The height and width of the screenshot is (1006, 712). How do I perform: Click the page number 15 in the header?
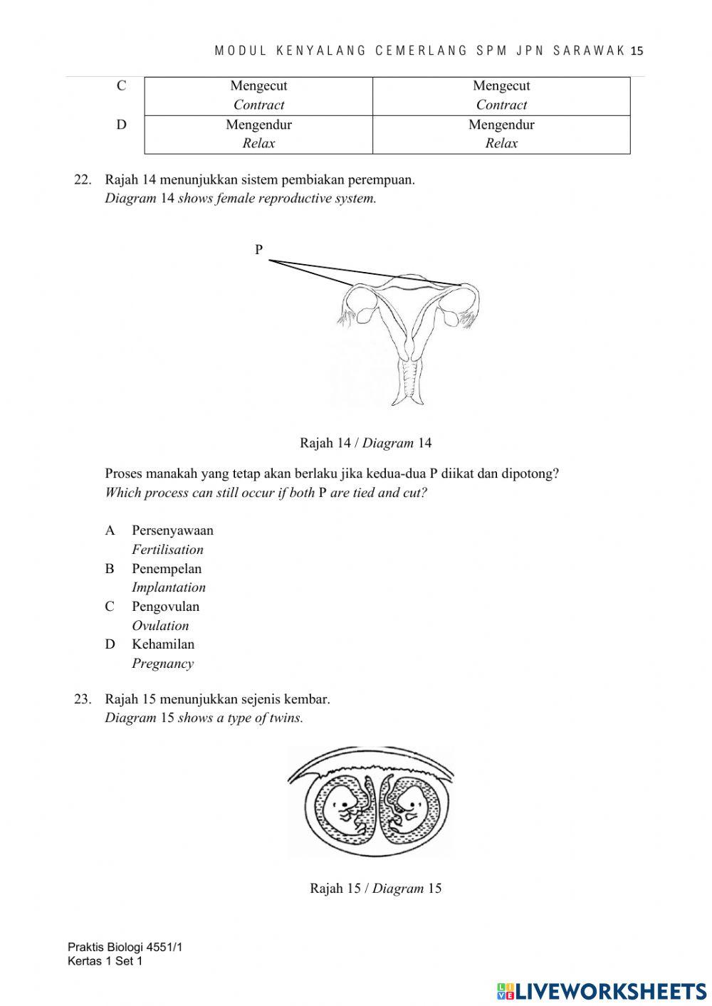point(637,51)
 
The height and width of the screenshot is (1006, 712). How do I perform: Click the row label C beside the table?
point(122,86)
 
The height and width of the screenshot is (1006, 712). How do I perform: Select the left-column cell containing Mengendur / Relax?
point(258,134)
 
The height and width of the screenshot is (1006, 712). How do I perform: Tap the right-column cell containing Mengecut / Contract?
point(501,95)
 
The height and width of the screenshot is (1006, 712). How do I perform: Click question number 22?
point(83,179)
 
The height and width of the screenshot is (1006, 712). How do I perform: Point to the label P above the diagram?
point(259,249)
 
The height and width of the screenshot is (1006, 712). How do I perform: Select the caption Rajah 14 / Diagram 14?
point(365,443)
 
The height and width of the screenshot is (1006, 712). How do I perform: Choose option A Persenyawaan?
point(172,530)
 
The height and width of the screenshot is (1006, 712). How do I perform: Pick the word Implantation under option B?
point(169,587)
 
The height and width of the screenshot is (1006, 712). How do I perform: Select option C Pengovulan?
point(164,607)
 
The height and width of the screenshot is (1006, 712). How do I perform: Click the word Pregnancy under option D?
point(162,664)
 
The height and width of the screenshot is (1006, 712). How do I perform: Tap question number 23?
point(83,699)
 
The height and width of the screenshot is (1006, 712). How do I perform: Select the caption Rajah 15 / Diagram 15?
point(375,888)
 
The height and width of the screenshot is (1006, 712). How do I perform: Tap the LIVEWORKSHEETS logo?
point(602,990)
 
